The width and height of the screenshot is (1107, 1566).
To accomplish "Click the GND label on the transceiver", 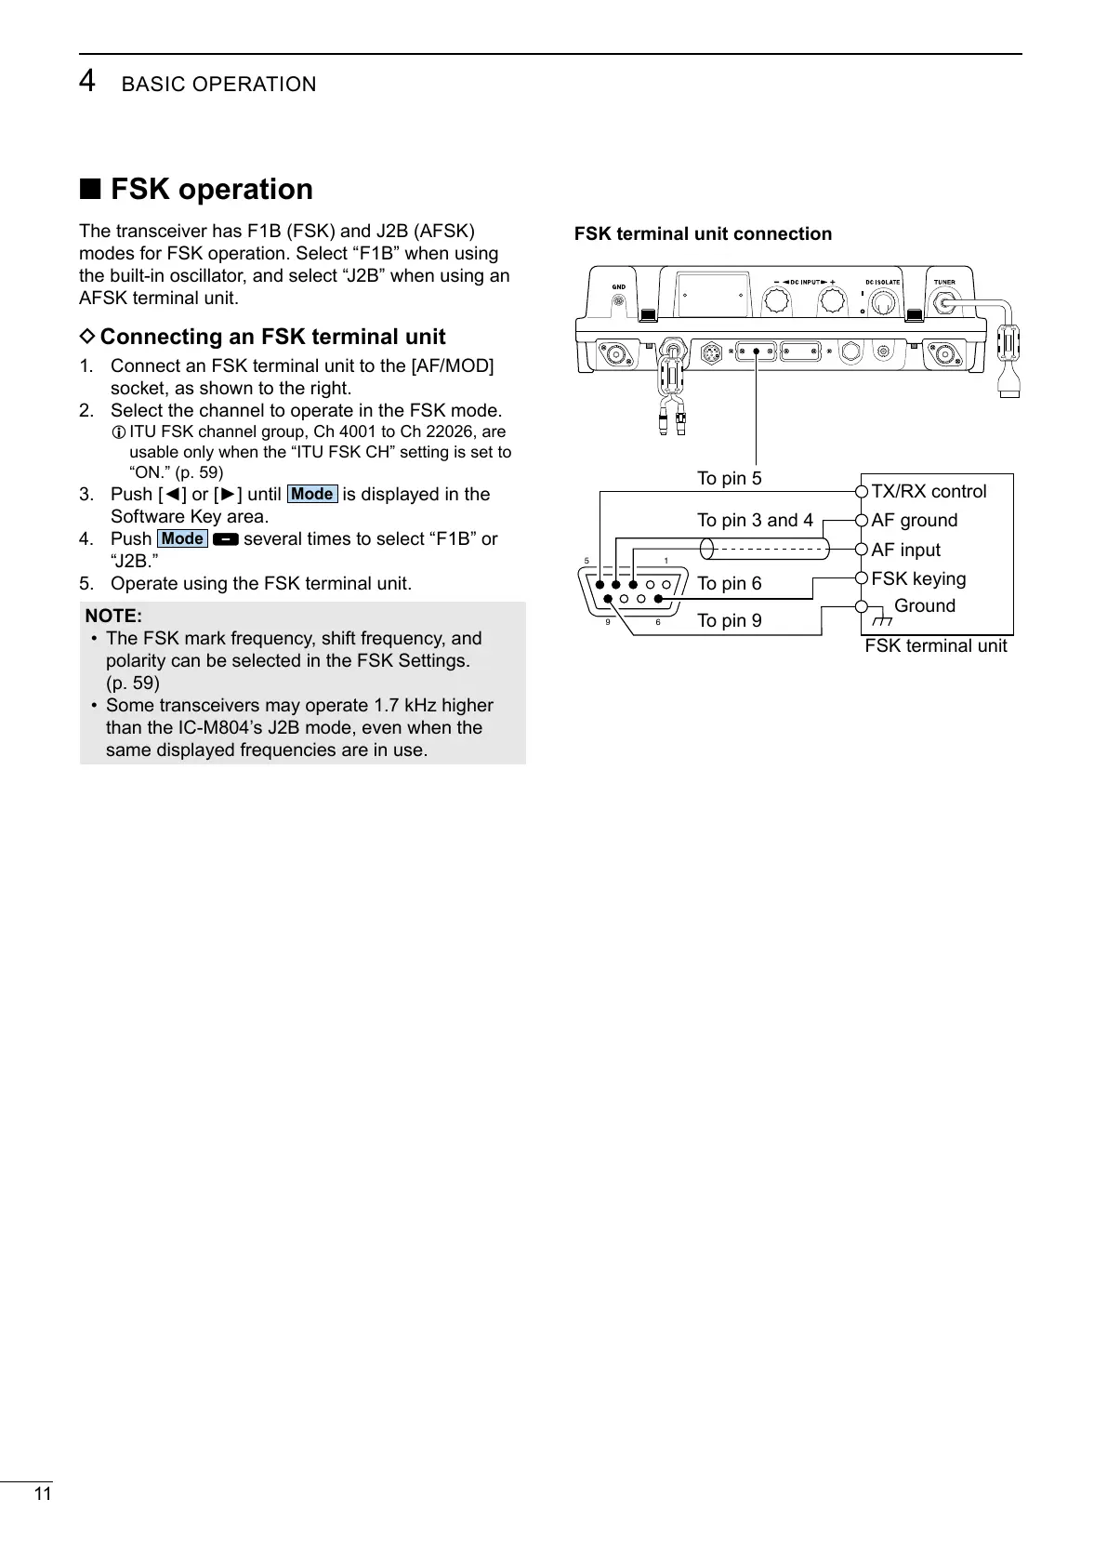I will (617, 286).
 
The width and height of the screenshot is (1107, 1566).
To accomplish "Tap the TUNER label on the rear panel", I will (944, 282).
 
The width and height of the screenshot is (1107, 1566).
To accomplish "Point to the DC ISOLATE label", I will (882, 282).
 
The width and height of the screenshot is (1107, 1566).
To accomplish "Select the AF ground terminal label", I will (914, 520).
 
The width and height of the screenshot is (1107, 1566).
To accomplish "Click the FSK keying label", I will (918, 578).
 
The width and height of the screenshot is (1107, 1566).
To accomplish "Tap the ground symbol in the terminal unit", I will (878, 619).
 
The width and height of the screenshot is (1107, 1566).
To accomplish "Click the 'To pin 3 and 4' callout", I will (755, 520).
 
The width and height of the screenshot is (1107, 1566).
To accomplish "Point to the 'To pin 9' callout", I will (729, 620).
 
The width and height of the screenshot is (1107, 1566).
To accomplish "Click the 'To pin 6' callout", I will (729, 583).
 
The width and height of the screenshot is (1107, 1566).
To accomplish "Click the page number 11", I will (42, 1494).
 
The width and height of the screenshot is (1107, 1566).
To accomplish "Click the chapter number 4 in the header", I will (86, 82).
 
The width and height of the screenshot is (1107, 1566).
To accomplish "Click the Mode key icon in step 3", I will (311, 494).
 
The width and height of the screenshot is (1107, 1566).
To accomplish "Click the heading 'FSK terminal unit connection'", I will (703, 233).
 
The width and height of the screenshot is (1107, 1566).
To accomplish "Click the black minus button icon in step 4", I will (225, 539).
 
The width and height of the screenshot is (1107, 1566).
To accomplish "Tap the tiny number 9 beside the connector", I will (608, 622).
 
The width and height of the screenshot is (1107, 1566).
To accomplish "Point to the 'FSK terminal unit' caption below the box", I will (935, 645).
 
